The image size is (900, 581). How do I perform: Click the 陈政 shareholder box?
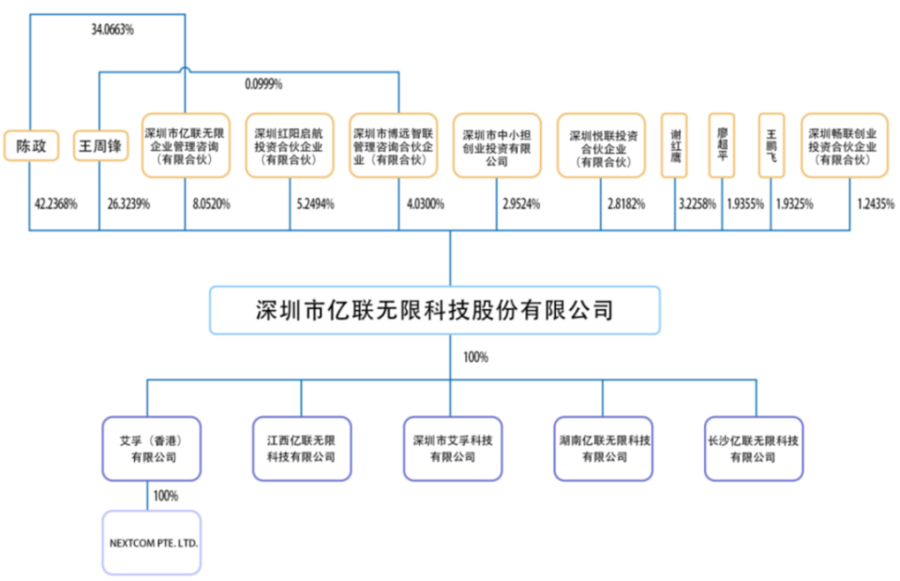click(x=31, y=146)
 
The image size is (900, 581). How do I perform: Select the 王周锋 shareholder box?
click(x=100, y=146)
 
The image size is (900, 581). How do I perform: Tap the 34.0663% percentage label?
click(x=112, y=30)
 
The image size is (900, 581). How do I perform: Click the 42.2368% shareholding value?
click(x=55, y=203)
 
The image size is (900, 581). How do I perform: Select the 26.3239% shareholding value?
click(x=128, y=203)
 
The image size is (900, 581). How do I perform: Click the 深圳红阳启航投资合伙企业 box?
click(x=289, y=146)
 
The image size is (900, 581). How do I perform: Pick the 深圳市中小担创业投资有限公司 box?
click(x=497, y=146)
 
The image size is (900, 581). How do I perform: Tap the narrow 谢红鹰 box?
click(x=675, y=146)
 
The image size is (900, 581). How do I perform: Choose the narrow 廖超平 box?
click(x=721, y=146)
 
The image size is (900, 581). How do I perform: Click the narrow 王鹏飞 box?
click(x=772, y=146)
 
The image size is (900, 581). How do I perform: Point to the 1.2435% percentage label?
click(x=877, y=203)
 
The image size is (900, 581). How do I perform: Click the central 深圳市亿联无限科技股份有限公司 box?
click(x=434, y=310)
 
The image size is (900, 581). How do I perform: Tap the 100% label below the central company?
click(x=475, y=357)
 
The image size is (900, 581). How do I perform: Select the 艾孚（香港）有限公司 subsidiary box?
click(x=153, y=448)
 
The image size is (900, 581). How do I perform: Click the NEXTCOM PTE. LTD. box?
click(x=153, y=543)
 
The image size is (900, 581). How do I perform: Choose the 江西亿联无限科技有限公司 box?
click(x=301, y=448)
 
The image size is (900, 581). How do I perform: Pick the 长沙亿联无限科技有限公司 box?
click(x=753, y=448)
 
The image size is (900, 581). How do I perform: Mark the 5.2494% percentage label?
click(x=315, y=203)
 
